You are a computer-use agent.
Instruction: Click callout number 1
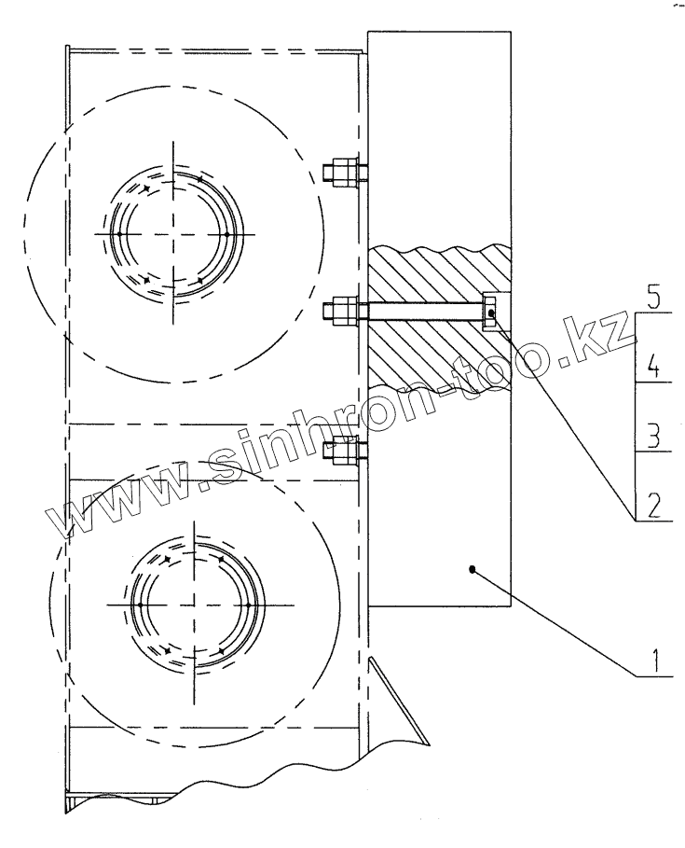655,660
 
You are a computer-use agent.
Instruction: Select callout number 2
653,505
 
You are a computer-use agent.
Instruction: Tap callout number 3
653,437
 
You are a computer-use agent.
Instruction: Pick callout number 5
654,298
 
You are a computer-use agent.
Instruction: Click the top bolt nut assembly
345,173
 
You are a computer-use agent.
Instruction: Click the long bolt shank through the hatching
425,312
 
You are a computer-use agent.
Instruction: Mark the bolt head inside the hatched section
490,312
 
